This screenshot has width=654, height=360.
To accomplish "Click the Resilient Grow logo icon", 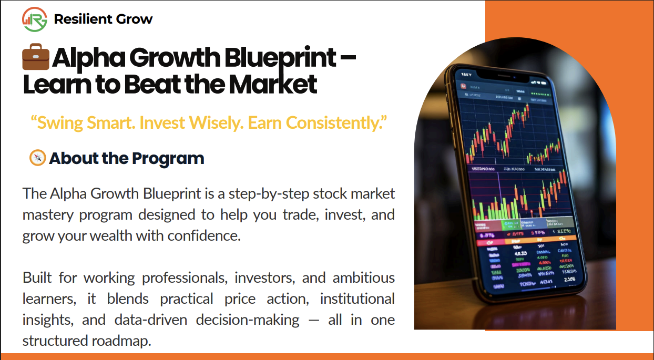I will [x=35, y=19].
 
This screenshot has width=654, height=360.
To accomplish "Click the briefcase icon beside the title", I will [x=36, y=58].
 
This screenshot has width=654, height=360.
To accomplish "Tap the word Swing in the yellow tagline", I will [x=58, y=123].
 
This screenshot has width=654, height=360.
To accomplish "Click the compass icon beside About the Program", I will [x=38, y=158].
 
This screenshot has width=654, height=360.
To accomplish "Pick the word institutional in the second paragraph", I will [x=357, y=299].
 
